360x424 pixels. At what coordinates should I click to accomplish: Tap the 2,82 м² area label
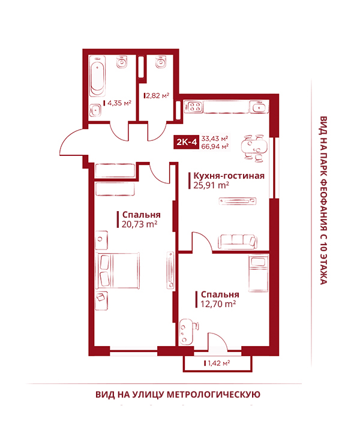[x=158, y=95]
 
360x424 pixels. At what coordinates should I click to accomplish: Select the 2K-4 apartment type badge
[x=187, y=142]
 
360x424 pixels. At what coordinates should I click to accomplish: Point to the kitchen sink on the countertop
[x=259, y=107]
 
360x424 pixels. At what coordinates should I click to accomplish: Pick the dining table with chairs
[x=254, y=148]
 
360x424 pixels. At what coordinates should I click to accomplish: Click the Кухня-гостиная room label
[x=229, y=176]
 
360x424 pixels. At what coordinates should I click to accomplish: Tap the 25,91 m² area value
[x=211, y=185]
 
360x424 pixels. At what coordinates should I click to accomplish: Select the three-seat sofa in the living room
[x=238, y=242]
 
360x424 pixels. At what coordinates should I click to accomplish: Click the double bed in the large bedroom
[x=118, y=270]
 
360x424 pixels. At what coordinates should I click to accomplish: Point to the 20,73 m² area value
[x=139, y=224]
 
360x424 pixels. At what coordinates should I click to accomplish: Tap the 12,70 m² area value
[x=218, y=304]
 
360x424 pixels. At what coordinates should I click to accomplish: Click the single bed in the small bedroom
[x=259, y=273]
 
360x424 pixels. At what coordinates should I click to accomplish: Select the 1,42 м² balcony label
[x=218, y=363]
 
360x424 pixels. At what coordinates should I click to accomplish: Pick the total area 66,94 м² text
[x=215, y=146]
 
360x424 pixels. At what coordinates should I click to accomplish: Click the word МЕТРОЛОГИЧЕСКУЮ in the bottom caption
[x=213, y=395]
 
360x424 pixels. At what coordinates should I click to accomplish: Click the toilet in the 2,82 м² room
[x=161, y=61]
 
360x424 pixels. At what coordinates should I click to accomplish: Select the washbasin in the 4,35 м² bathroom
[x=95, y=110]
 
